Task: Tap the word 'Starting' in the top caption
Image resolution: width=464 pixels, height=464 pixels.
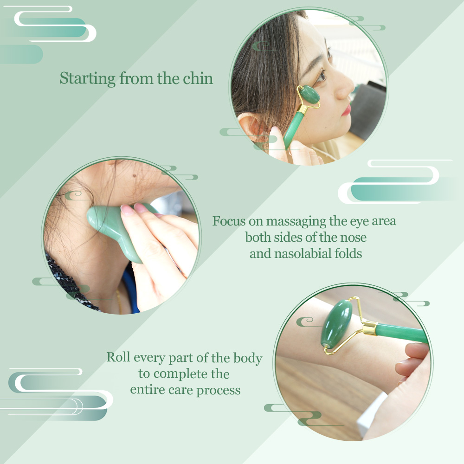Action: pyautogui.click(x=88, y=79)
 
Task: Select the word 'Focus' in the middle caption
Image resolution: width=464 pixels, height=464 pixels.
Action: pyautogui.click(x=229, y=221)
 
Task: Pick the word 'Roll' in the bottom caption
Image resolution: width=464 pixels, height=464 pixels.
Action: pyautogui.click(x=118, y=357)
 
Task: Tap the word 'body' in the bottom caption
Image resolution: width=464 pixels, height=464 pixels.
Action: pyautogui.click(x=248, y=358)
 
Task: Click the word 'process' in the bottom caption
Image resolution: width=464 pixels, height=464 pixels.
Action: pyautogui.click(x=219, y=391)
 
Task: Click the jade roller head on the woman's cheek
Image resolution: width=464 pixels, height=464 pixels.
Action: pyautogui.click(x=309, y=95)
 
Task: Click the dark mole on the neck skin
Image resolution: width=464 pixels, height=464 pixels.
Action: pyautogui.click(x=135, y=176)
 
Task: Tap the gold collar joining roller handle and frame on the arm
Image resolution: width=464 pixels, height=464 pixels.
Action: pyautogui.click(x=370, y=328)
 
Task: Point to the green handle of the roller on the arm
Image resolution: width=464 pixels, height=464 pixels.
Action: pyautogui.click(x=402, y=333)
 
